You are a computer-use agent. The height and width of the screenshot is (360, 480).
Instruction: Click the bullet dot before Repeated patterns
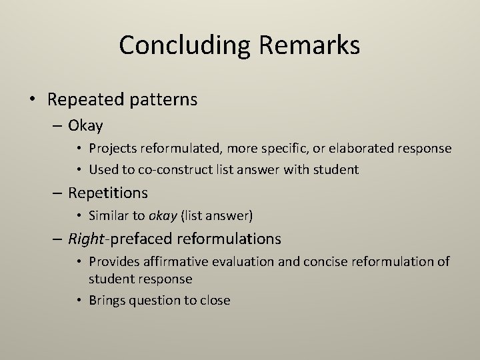pos(33,100)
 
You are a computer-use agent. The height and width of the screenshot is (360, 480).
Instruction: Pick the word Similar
pos(109,215)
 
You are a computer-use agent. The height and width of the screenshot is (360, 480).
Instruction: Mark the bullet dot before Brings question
pos(80,300)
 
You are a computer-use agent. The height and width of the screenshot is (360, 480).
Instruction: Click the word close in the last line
pos(214,300)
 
